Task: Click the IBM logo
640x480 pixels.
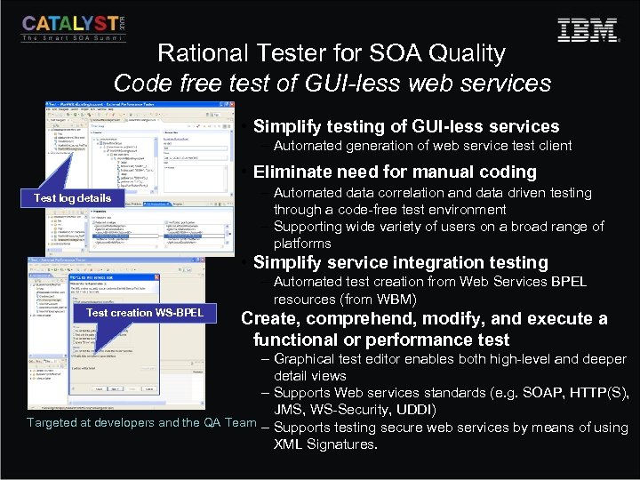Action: (x=588, y=30)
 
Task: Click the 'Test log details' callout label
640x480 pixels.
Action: (x=72, y=197)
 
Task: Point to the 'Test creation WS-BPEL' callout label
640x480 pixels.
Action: (x=145, y=312)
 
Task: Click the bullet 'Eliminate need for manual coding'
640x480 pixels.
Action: (x=395, y=172)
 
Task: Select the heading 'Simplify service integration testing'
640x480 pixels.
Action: (x=400, y=262)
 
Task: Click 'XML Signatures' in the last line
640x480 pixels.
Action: (x=325, y=444)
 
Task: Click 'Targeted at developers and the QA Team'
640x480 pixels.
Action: (x=141, y=422)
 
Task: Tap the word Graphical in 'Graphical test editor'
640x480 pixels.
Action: (x=303, y=359)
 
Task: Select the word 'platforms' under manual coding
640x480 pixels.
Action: (x=302, y=244)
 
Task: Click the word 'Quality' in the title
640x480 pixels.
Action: (x=466, y=53)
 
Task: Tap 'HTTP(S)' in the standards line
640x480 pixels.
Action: (x=598, y=393)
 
